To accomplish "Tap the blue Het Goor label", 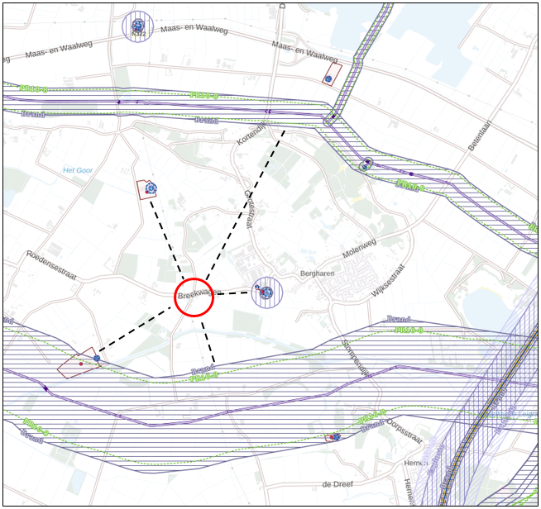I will click(78, 170).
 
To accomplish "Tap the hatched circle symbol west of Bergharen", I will click(266, 293).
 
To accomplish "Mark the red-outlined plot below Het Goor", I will click(146, 189).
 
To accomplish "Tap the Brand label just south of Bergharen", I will click(399, 318).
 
